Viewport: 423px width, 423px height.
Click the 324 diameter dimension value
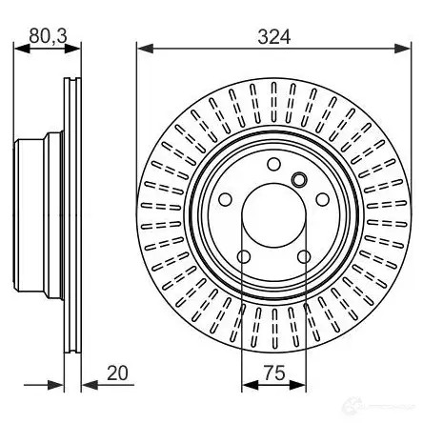pyautogui.click(x=274, y=37)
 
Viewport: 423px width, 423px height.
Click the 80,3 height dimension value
pyautogui.click(x=48, y=35)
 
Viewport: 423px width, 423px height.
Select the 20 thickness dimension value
pyautogui.click(x=117, y=373)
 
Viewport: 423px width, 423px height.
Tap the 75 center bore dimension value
pyautogui.click(x=274, y=373)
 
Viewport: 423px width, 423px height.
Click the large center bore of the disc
pyautogui.click(x=274, y=215)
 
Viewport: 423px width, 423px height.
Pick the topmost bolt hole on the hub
pyautogui.click(x=273, y=164)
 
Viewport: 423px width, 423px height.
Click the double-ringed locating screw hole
pyautogui.click(x=299, y=179)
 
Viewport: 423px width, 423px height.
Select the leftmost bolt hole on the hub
pyautogui.click(x=226, y=199)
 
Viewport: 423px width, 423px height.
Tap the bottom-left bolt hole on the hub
pyautogui.click(x=244, y=256)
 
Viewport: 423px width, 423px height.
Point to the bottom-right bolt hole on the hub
pyautogui.click(x=304, y=256)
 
